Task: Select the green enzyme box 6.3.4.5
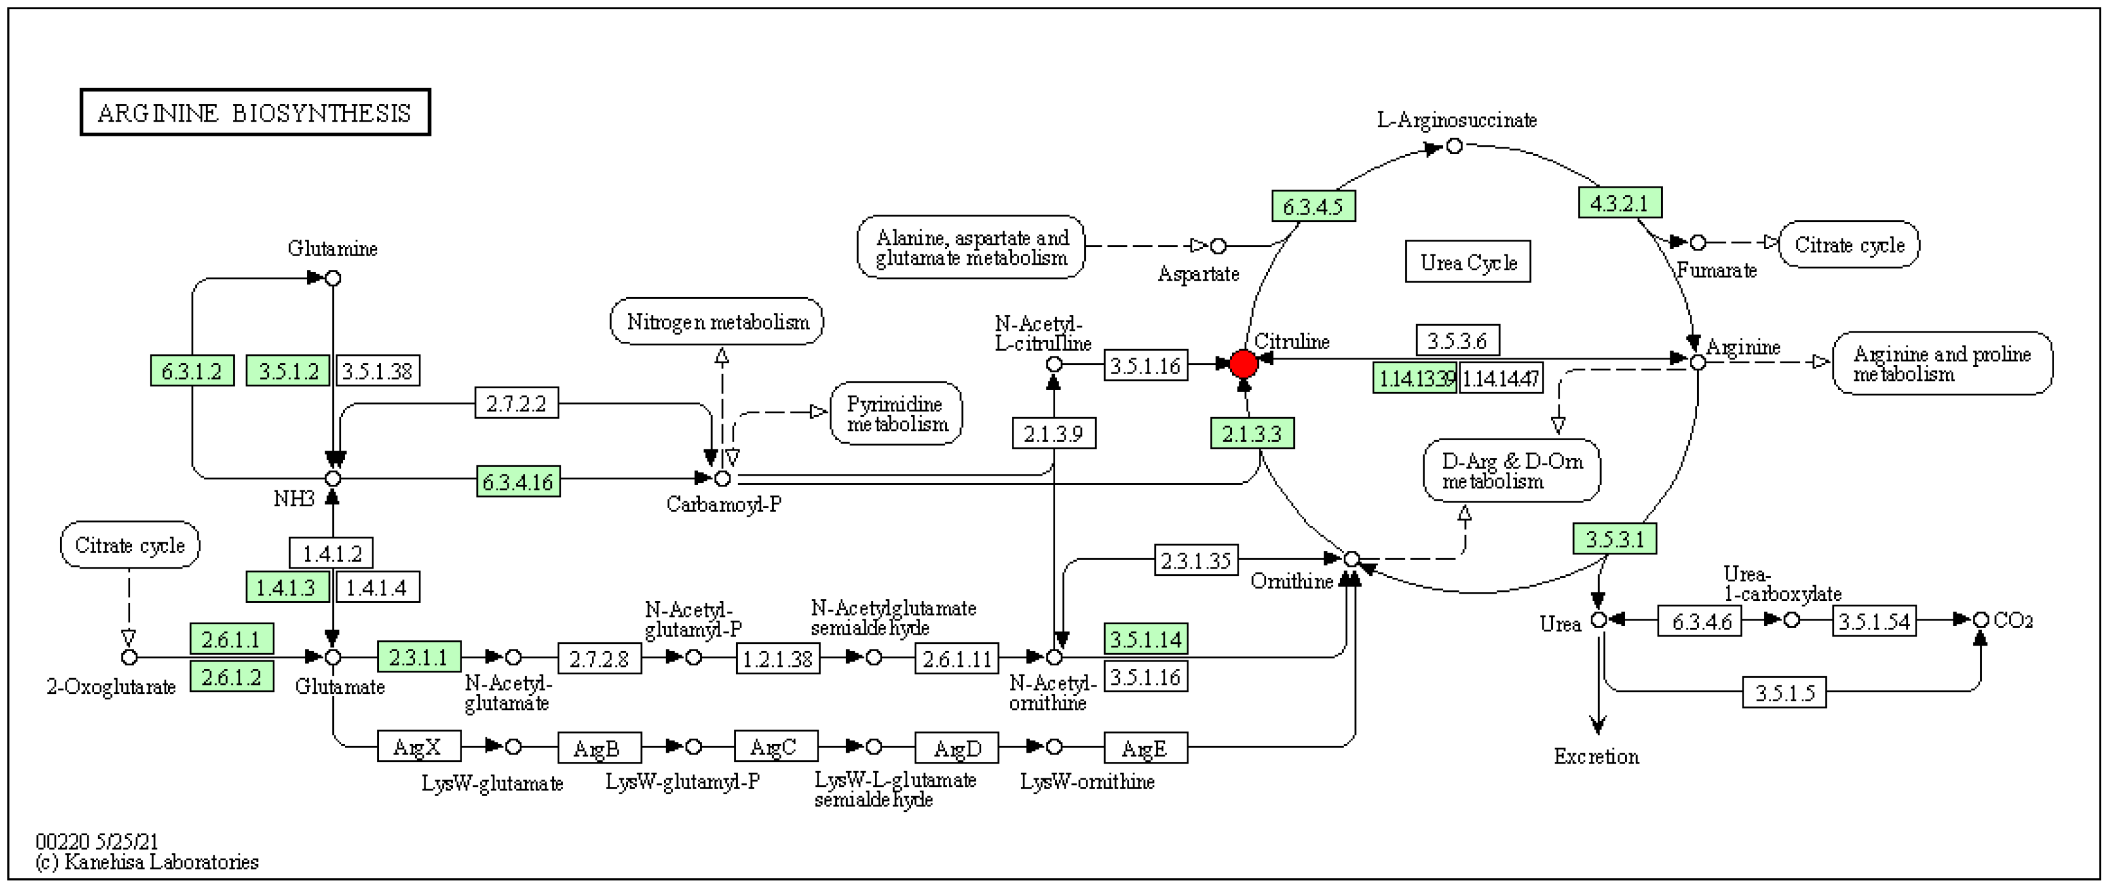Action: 1313,206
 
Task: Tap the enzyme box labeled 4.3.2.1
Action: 1619,203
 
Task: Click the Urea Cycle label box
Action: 1467,262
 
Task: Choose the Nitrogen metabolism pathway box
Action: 717,322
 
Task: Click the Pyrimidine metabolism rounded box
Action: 896,413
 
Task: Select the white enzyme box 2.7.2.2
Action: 517,404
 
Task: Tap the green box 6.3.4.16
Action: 518,482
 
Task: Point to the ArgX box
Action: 418,747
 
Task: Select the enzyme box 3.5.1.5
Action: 1784,693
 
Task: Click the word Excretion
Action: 1596,756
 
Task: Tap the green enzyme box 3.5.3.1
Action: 1614,539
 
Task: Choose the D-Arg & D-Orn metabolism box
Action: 1511,471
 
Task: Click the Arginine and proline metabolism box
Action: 1942,363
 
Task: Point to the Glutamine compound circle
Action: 333,278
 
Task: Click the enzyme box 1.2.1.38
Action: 778,658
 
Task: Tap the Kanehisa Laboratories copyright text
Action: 147,862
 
